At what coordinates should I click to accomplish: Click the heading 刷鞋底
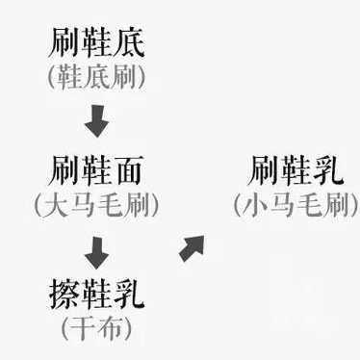click(95, 43)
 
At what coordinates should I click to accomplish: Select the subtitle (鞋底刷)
click(95, 77)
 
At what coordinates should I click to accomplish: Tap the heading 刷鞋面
click(95, 173)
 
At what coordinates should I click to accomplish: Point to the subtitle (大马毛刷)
click(95, 206)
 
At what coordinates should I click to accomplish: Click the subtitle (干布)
click(95, 327)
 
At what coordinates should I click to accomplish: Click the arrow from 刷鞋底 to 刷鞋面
click(95, 122)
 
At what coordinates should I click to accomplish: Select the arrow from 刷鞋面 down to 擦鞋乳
click(95, 251)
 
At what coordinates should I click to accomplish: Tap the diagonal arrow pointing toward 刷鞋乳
click(192, 248)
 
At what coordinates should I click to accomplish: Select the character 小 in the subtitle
click(255, 206)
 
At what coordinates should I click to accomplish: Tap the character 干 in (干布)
click(84, 327)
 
